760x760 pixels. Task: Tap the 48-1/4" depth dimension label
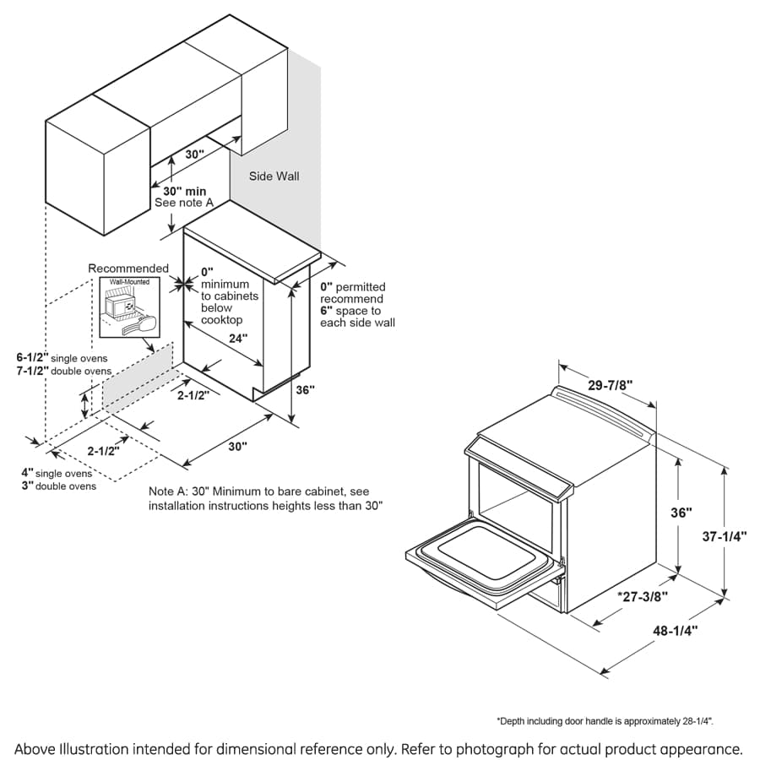[x=676, y=630]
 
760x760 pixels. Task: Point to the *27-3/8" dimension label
[x=641, y=596]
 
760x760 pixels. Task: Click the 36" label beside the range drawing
[x=681, y=513]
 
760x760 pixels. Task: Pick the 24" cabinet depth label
[x=239, y=338]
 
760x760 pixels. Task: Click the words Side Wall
[x=274, y=176]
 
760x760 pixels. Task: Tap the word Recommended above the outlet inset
[x=128, y=269]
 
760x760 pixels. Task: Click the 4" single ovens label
[x=57, y=473]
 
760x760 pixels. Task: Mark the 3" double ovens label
[x=58, y=486]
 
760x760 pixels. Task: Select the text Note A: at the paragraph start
[x=168, y=491]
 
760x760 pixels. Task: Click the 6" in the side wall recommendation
[x=325, y=311]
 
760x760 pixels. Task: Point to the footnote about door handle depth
[x=605, y=721]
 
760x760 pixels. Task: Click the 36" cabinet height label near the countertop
[x=306, y=390]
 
